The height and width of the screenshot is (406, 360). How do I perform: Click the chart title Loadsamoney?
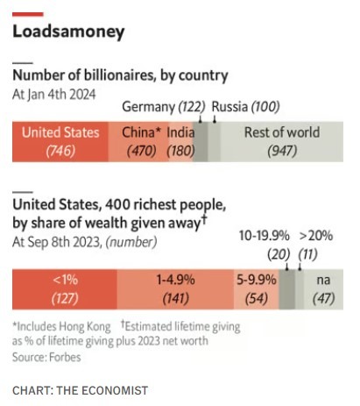point(68,32)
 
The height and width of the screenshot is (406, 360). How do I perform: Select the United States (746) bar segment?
point(60,142)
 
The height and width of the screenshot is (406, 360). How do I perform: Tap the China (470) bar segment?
point(138,142)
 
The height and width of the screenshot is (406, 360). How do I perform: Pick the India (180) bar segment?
point(180,142)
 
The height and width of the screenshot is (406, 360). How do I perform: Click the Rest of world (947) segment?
point(282,142)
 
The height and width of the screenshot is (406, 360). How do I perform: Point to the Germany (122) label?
point(164,107)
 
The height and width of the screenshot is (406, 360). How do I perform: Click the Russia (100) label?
point(245,107)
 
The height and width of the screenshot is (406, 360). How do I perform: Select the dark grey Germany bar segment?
point(201,142)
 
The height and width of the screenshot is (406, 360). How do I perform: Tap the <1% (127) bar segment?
point(65,289)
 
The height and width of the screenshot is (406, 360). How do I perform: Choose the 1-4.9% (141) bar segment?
point(175,289)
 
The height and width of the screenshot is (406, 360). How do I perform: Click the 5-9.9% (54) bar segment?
point(257,289)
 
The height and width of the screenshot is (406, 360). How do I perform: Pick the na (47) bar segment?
point(323,289)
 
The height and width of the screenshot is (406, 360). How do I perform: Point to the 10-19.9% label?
point(265,236)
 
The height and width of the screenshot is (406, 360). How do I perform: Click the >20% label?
point(316,236)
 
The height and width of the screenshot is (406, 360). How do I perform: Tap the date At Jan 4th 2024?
point(54,95)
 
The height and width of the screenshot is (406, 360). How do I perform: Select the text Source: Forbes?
point(46,357)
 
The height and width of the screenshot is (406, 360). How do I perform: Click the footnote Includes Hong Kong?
point(61,327)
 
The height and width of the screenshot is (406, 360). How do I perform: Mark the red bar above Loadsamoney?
point(28,14)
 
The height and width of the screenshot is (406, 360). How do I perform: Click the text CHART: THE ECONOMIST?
point(81,390)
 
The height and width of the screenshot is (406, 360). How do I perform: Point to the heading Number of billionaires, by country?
point(120,75)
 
